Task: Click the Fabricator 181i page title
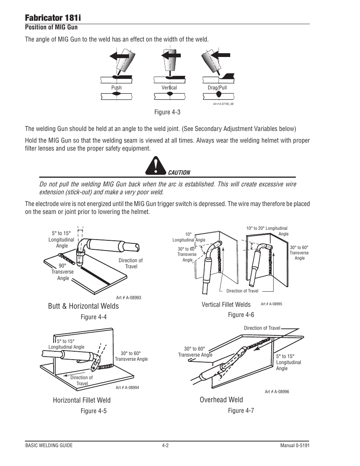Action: [53, 18]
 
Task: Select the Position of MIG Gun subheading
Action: [51, 27]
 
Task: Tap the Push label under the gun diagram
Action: [116, 88]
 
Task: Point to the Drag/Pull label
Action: [217, 88]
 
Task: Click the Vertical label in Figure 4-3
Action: [169, 88]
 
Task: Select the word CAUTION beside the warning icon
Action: [179, 173]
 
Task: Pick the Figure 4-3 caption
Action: [167, 112]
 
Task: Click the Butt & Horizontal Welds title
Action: [83, 306]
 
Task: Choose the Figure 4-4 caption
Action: [94, 317]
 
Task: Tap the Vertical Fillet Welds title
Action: [226, 305]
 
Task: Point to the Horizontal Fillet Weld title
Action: [82, 400]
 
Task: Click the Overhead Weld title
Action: [222, 400]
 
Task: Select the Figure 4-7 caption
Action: [241, 411]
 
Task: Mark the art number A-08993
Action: [129, 298]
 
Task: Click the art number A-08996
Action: [277, 392]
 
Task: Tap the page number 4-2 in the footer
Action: [165, 446]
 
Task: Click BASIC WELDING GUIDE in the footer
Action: [49, 446]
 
